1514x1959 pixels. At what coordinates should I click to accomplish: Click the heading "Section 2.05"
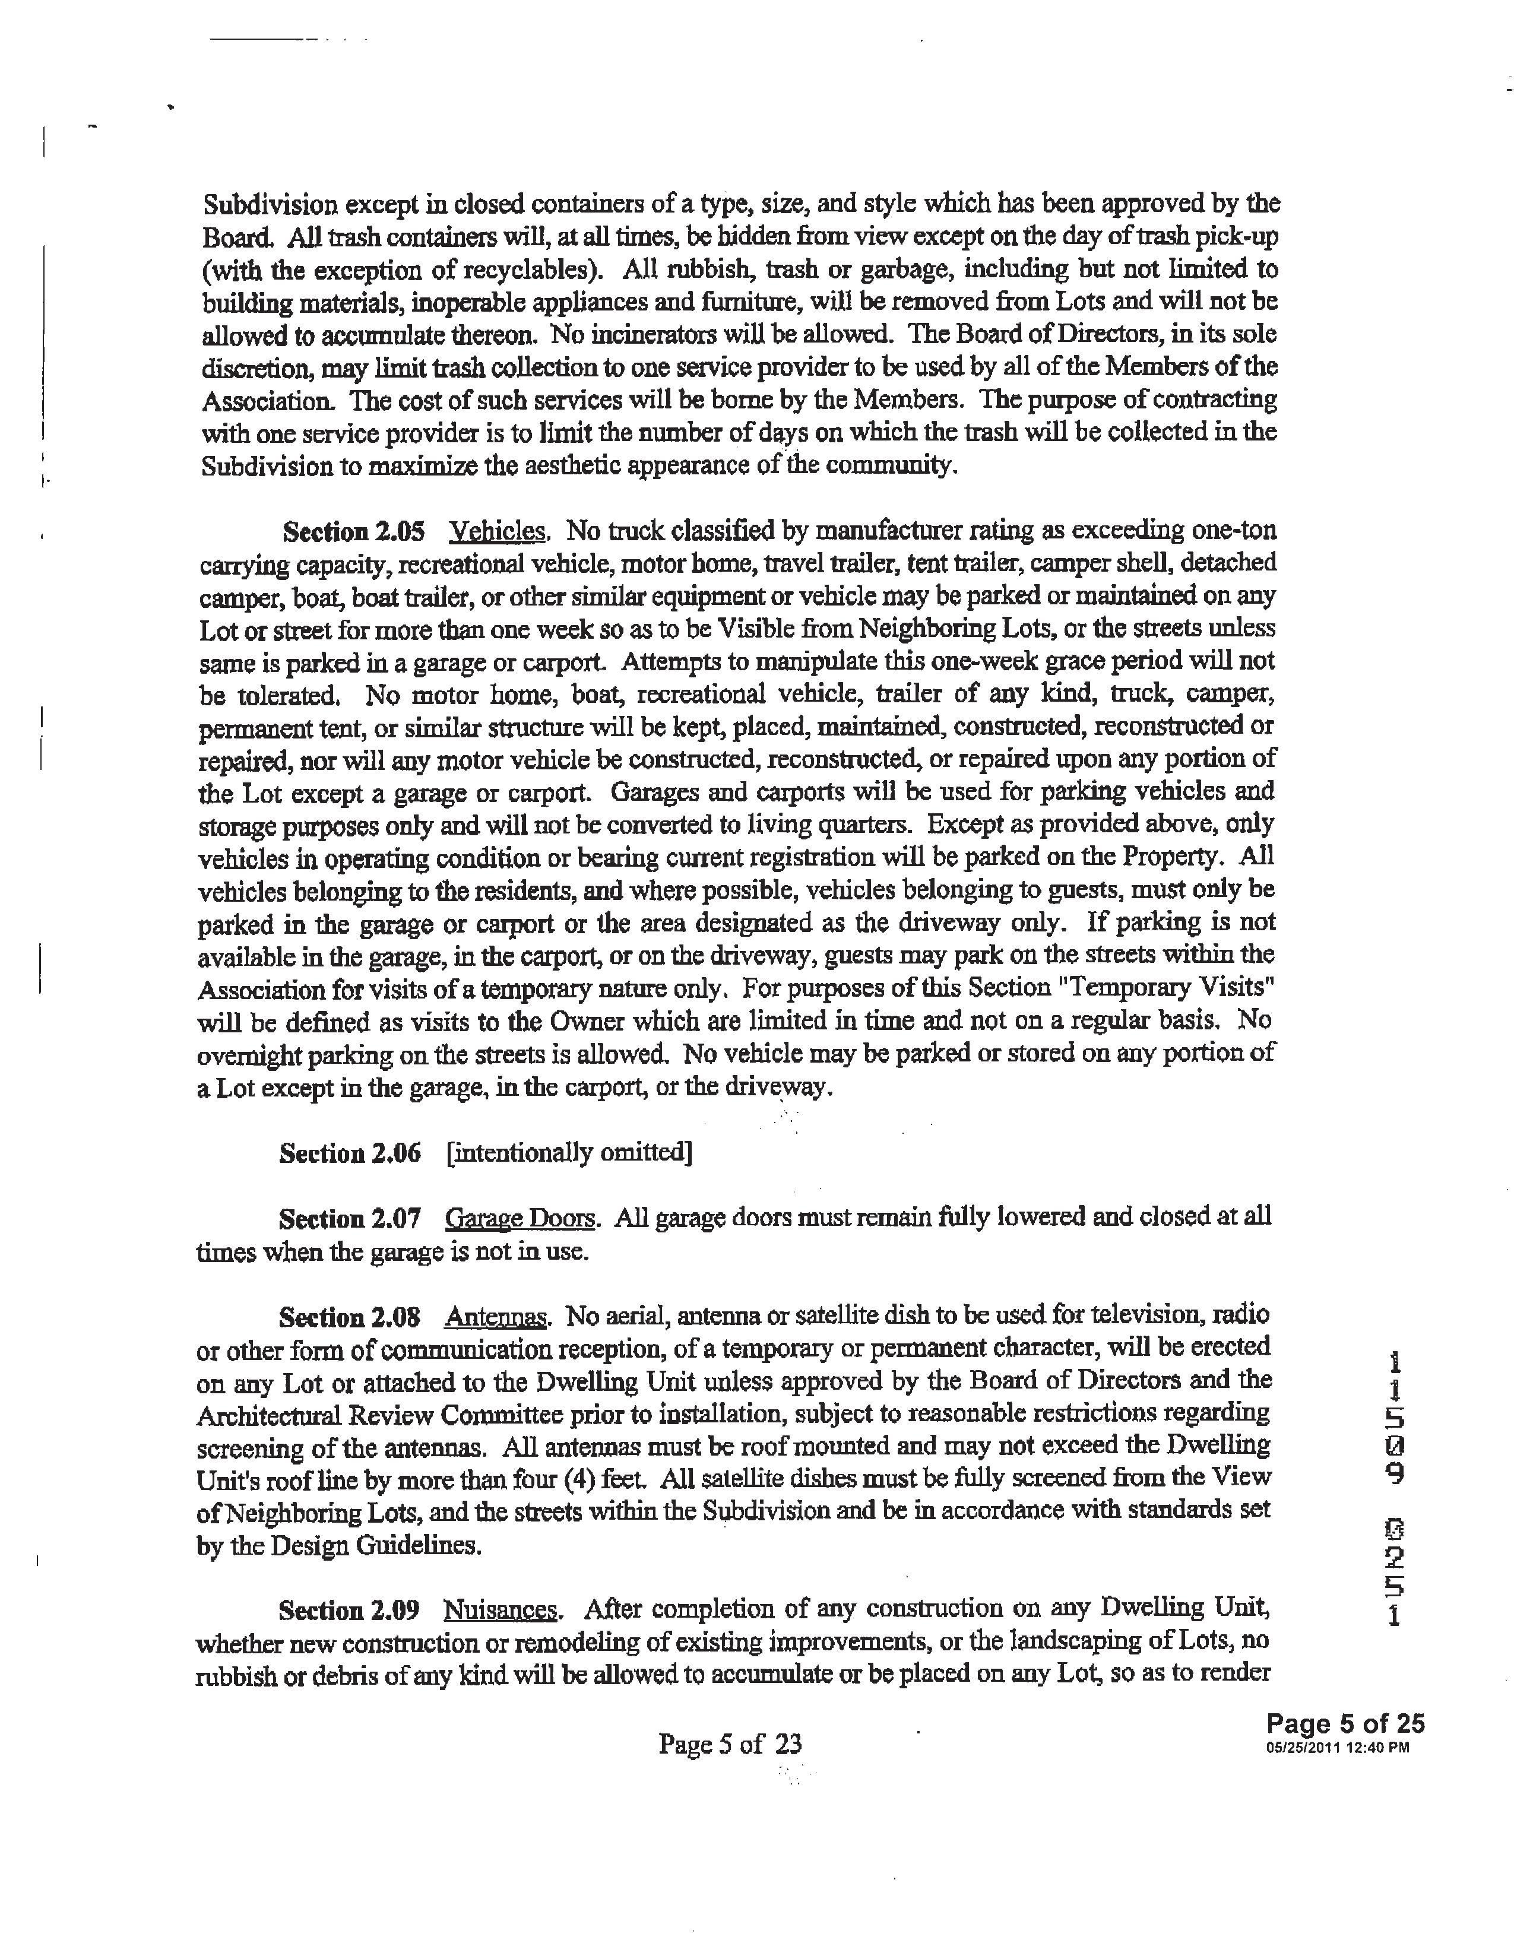(x=353, y=532)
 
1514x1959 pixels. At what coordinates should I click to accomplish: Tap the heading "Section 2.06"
(x=350, y=1153)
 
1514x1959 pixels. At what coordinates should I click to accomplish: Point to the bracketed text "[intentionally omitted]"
(x=569, y=1153)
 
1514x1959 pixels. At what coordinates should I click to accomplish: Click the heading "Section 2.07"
(x=350, y=1219)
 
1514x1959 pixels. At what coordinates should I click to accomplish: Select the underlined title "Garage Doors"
(x=520, y=1219)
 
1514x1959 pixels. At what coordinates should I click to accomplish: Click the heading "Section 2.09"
(x=350, y=1610)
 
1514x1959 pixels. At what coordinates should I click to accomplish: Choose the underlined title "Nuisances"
(x=501, y=1610)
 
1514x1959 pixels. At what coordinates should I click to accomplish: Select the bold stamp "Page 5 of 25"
(x=1344, y=1724)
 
